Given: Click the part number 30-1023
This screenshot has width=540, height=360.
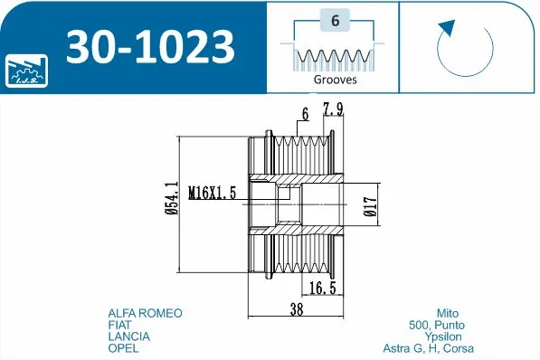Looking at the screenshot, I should click(149, 47).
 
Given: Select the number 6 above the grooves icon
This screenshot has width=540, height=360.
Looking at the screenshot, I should click(335, 22).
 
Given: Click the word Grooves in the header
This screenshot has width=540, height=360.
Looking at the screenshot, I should click(335, 80).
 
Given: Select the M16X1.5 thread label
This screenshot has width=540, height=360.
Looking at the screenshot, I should click(213, 193).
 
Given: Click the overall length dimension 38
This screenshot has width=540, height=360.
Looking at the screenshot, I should click(295, 308).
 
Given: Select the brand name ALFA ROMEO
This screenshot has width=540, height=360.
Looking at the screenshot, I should click(145, 313).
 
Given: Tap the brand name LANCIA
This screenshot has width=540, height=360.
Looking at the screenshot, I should click(128, 336).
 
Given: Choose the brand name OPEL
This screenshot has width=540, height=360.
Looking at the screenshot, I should click(123, 348).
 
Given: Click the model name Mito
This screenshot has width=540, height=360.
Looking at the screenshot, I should click(460, 313).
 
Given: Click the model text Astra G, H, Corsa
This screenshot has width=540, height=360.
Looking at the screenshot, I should click(429, 348).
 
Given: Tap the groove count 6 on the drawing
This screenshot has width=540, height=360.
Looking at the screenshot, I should click(306, 114).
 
